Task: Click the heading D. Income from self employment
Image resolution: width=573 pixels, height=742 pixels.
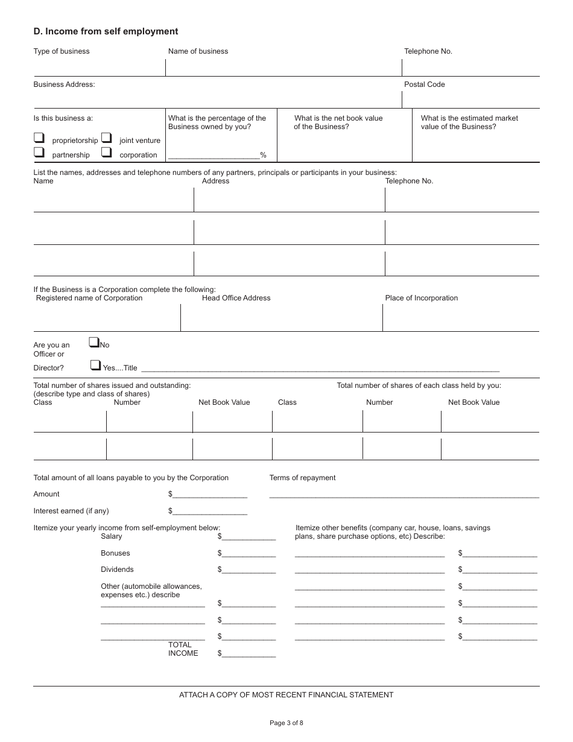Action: point(106,31)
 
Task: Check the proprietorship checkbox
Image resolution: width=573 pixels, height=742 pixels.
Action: point(39,138)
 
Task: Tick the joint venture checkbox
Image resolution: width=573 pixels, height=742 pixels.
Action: point(107,138)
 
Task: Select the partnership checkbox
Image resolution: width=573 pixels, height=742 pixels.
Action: point(39,153)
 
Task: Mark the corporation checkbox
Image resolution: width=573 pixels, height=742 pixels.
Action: point(107,153)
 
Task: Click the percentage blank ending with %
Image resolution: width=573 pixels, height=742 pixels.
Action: point(214,155)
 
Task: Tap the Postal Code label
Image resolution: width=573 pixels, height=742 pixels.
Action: point(424,84)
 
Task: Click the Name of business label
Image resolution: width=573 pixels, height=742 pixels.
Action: point(198,51)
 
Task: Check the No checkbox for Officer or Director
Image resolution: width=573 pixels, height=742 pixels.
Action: point(93,343)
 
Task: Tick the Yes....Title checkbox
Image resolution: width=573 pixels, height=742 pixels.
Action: point(95,365)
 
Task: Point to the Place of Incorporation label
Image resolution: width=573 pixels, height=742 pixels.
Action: point(421,298)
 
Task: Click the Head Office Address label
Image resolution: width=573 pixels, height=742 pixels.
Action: point(236,298)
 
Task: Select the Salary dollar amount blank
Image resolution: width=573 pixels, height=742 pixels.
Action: point(249,536)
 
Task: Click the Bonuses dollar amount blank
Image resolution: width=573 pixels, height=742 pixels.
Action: point(249,553)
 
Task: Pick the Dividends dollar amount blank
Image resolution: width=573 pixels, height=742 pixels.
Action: point(249,569)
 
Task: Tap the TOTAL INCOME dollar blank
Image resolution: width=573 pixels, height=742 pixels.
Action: point(249,653)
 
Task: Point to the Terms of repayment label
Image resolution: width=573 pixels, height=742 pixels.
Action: point(302,478)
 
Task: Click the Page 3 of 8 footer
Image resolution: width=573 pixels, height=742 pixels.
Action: point(286,723)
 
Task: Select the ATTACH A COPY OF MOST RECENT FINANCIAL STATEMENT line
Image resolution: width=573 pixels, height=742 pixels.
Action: point(286,695)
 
